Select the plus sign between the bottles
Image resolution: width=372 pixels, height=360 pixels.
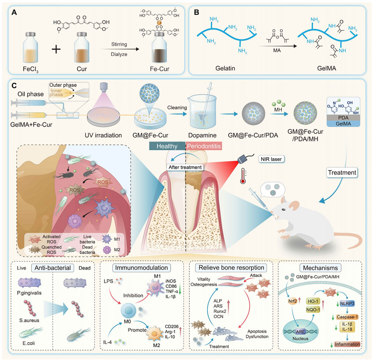(56, 49)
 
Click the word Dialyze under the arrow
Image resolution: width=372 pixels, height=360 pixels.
(119, 54)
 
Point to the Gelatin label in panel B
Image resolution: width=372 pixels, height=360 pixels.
(225, 68)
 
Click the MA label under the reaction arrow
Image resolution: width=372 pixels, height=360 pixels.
(277, 51)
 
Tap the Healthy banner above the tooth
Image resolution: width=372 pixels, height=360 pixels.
(167, 146)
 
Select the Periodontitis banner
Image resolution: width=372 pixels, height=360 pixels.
(204, 146)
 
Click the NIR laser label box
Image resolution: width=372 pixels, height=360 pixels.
(271, 159)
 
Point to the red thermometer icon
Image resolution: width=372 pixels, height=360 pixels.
(242, 176)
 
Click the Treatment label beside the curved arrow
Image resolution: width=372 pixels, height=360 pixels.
(342, 173)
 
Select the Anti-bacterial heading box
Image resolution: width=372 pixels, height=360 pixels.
(53, 268)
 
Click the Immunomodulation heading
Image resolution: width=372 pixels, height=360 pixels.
(141, 268)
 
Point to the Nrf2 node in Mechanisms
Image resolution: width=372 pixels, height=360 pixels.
(293, 301)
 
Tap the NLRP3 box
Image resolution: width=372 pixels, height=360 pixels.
(347, 304)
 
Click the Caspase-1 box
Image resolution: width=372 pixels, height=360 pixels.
(347, 317)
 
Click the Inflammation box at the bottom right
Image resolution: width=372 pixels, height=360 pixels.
(347, 344)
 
